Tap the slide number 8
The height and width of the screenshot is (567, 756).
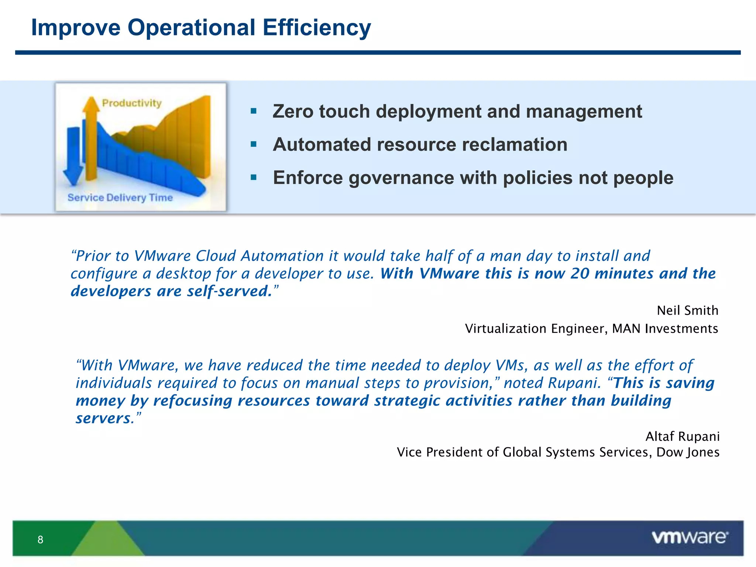(40, 540)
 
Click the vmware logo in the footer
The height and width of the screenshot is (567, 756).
(690, 537)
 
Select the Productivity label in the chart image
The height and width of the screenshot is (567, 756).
(132, 103)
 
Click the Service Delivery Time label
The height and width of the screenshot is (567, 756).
(120, 197)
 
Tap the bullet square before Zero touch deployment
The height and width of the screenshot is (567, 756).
(253, 111)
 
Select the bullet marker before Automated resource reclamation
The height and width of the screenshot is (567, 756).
(253, 144)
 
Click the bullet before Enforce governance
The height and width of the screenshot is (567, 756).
(253, 178)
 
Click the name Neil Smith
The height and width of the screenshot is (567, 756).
(687, 310)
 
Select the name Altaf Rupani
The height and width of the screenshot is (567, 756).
(682, 436)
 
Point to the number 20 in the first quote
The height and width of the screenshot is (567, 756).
(580, 274)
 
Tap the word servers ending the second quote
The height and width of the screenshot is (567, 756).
(103, 418)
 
